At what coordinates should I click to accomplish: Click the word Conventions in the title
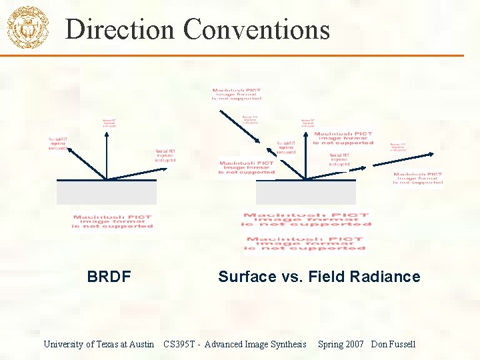tap(257, 29)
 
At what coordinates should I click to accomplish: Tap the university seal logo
tap(27, 27)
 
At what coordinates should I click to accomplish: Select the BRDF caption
tap(109, 277)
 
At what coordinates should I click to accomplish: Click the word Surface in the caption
tap(247, 277)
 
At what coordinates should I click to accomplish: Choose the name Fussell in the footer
tap(403, 344)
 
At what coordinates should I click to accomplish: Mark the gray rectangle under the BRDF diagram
tap(107, 192)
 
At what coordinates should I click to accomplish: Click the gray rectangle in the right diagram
tap(305, 192)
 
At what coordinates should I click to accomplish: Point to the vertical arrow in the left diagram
tap(106, 153)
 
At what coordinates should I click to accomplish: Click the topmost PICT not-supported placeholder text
tap(237, 94)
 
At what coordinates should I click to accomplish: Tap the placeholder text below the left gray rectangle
tap(113, 221)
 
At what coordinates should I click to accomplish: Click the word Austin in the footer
tap(142, 344)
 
